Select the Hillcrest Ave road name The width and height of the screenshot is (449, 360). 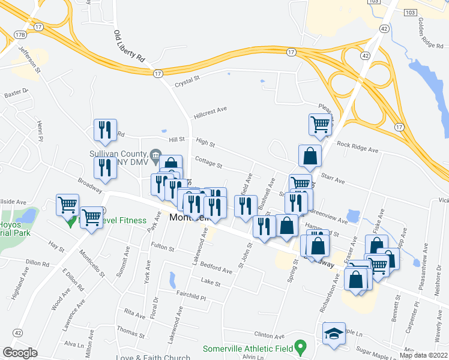pos(210,110)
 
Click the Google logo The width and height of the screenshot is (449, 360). pos(20,353)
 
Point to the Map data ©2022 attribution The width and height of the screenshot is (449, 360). pos(424,355)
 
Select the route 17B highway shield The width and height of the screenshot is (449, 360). pos(20,35)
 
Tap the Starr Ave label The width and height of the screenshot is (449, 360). pos(333,179)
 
